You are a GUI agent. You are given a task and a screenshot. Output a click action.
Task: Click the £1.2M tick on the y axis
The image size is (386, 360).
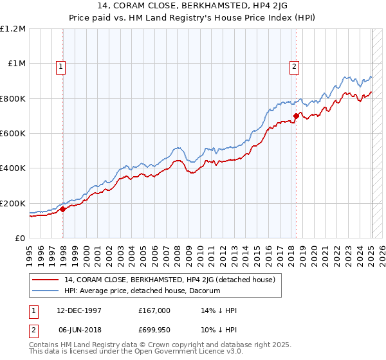click(12, 29)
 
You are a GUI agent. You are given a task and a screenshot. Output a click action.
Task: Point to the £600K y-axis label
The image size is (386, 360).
click(13, 134)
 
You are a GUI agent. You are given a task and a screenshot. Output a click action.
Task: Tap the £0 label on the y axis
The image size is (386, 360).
click(19, 239)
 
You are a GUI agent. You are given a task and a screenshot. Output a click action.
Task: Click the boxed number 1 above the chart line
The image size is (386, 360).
click(60, 66)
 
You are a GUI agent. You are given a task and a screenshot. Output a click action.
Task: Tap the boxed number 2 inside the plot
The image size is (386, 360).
click(294, 66)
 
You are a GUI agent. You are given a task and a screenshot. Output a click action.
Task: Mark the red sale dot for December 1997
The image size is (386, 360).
click(63, 209)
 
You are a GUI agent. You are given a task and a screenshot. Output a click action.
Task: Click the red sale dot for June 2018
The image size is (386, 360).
click(296, 116)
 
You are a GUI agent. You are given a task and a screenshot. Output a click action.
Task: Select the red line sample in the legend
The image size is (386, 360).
click(46, 280)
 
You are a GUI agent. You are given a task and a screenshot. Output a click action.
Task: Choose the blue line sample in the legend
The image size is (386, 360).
click(46, 291)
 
